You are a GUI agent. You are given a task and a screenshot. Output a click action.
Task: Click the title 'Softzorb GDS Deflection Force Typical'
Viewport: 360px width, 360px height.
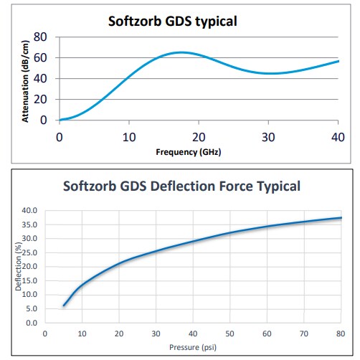tap(181, 187)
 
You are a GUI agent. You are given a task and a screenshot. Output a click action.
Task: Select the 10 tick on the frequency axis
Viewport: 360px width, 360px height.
tap(129, 136)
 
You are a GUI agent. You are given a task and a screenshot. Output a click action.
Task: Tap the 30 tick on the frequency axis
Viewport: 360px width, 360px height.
tap(268, 136)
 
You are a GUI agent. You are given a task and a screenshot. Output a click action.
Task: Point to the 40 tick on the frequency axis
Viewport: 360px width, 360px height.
tap(338, 136)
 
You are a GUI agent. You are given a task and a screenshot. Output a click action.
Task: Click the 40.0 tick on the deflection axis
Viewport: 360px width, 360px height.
tap(30, 210)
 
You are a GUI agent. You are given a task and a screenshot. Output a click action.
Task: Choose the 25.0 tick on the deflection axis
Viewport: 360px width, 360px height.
tap(30, 252)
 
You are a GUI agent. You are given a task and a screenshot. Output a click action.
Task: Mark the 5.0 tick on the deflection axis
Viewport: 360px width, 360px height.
tap(32, 308)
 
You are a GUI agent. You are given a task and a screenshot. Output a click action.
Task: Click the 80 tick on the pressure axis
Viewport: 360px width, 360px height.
tap(340, 333)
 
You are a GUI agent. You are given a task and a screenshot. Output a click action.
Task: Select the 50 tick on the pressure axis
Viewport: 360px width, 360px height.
tap(229, 333)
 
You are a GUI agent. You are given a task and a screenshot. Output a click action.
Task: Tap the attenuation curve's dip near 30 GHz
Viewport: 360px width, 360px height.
tap(269, 73)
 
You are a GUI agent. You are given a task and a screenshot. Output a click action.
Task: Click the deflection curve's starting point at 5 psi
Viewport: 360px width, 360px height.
tap(64, 305)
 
